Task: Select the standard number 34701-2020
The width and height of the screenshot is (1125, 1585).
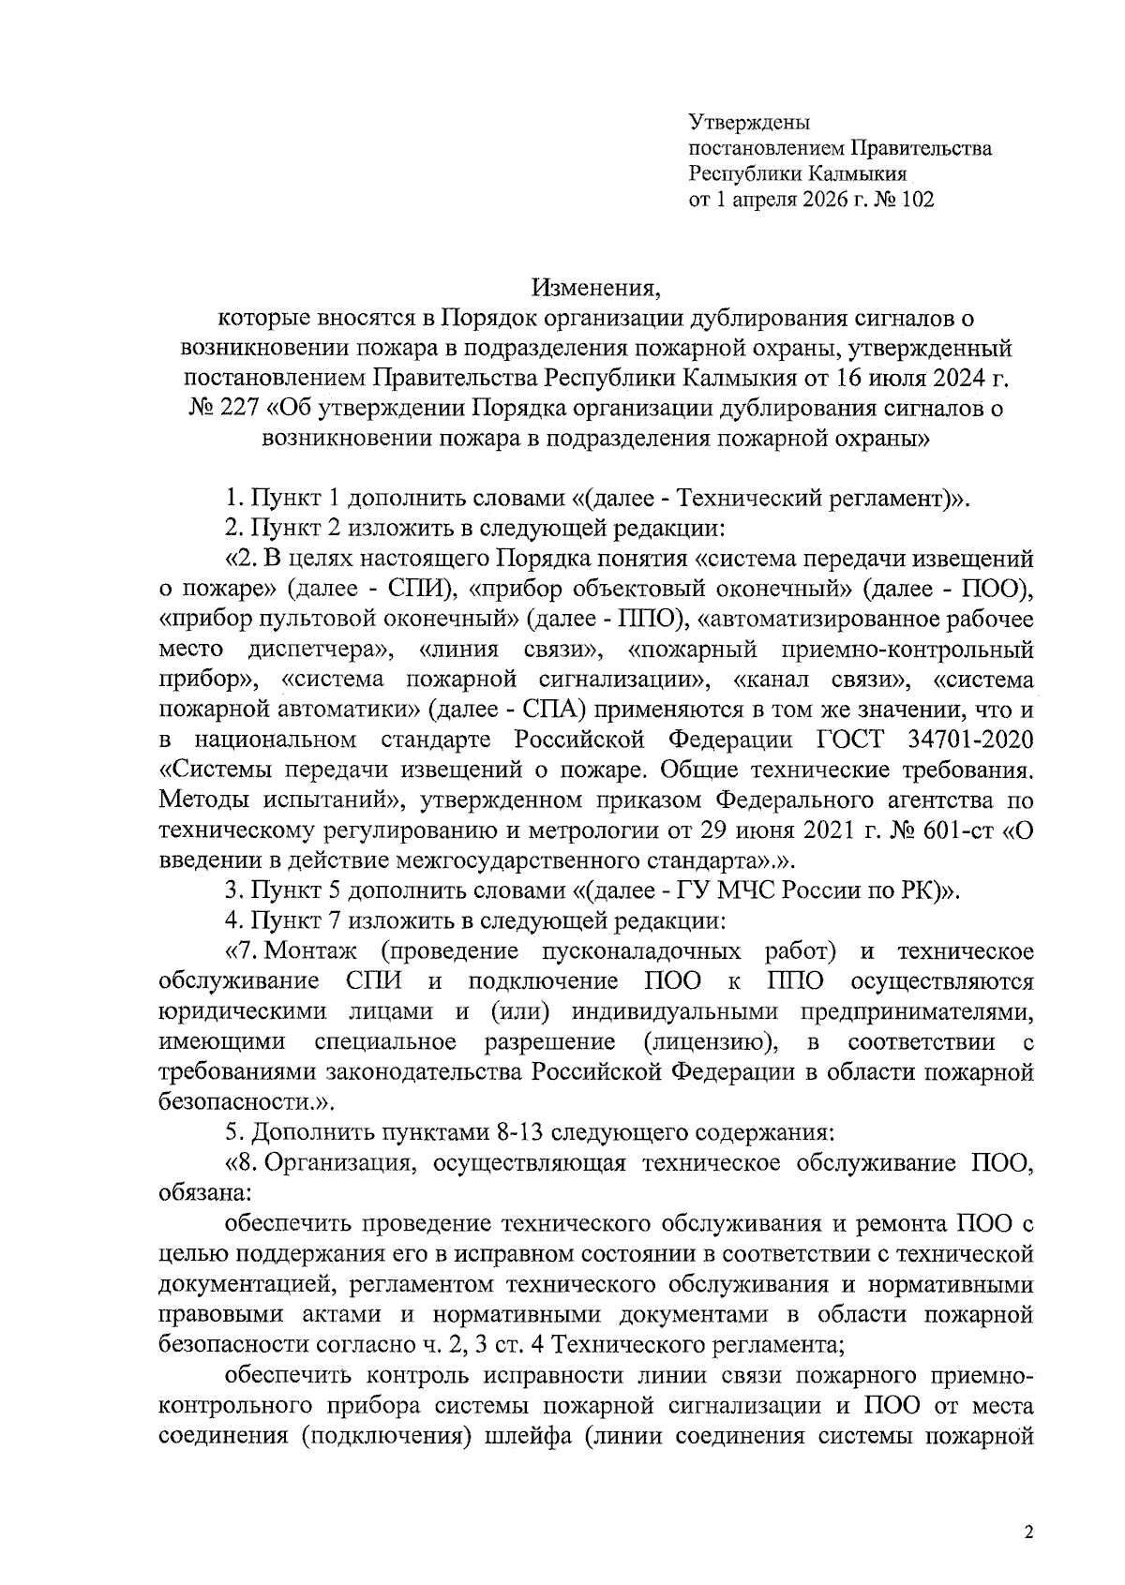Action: (971, 740)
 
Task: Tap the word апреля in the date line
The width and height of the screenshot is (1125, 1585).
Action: (763, 200)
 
